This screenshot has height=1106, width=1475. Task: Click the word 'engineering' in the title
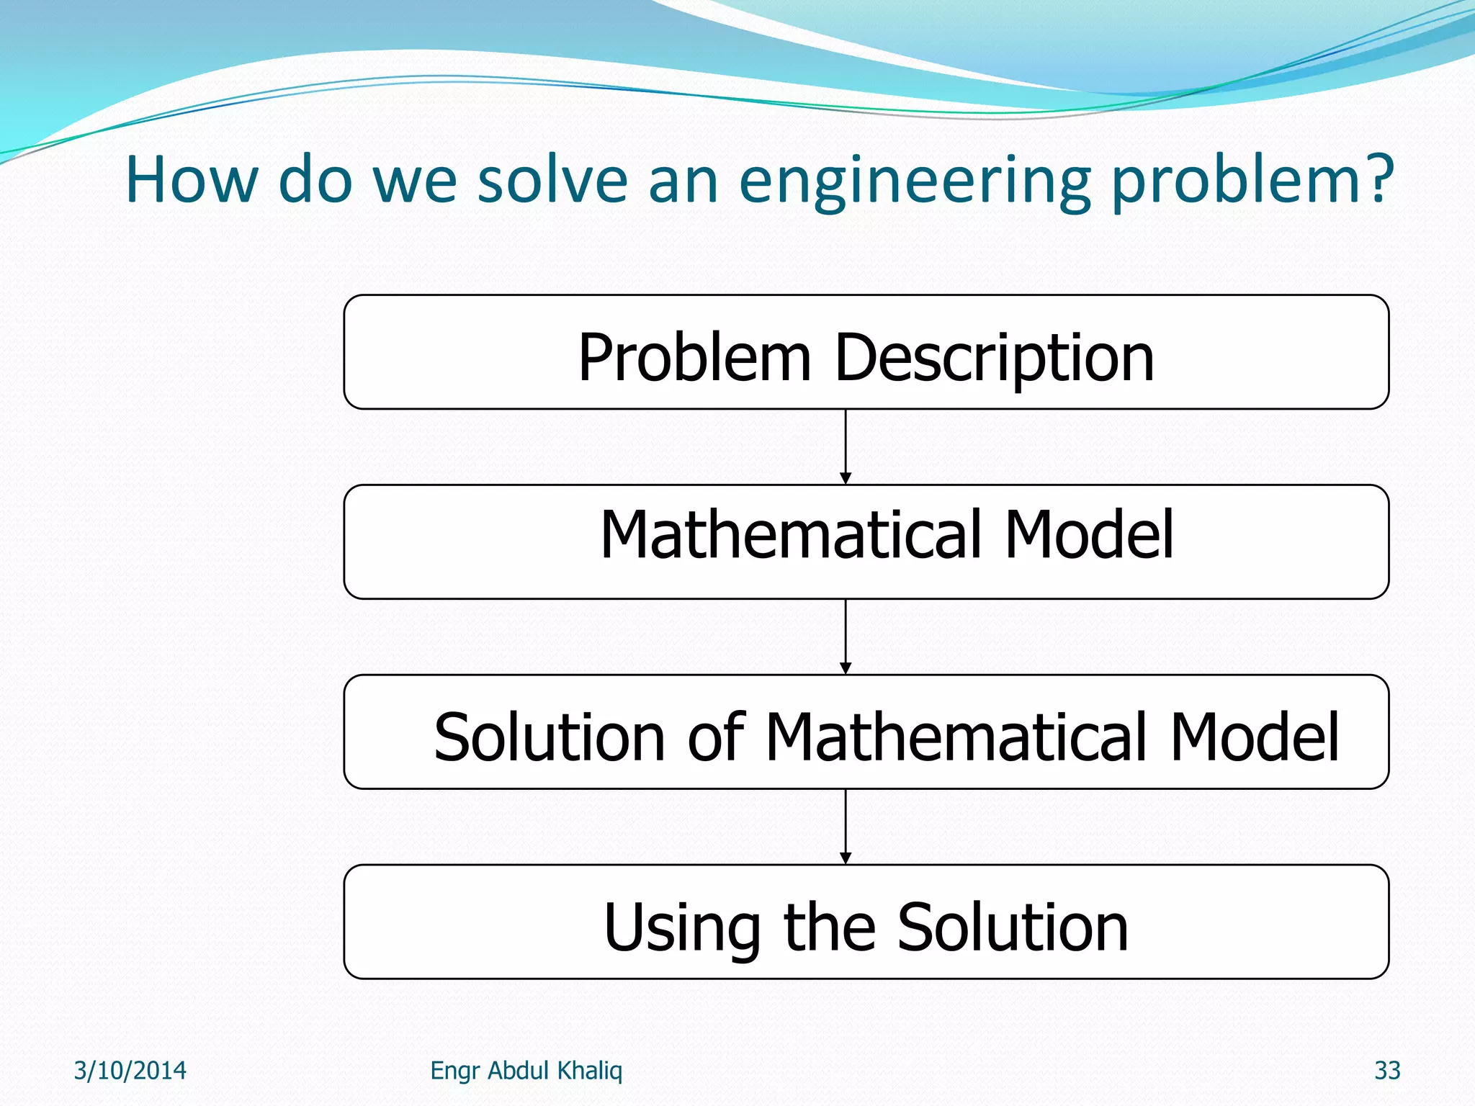point(915,181)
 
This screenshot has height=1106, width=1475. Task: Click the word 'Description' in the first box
point(994,359)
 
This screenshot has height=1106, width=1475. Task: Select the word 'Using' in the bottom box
point(681,929)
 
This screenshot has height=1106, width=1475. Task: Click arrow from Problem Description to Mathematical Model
point(846,446)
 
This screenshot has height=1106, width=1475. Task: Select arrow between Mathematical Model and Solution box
point(846,637)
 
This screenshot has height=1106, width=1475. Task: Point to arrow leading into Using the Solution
point(846,827)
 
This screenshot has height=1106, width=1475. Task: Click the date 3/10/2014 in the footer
point(130,1071)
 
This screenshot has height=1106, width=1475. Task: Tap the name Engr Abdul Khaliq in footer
point(526,1071)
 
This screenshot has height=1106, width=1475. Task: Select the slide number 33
point(1387,1071)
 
